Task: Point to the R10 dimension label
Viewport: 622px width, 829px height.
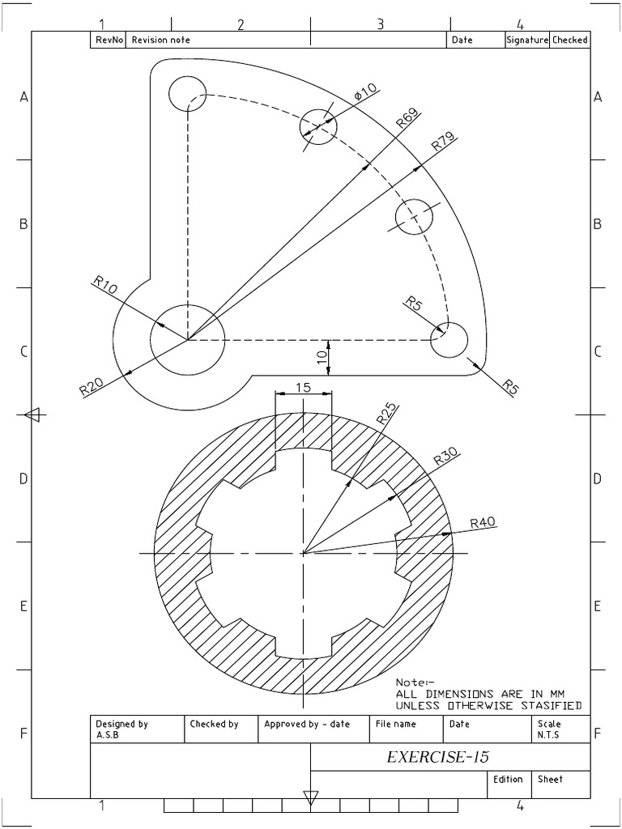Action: click(105, 284)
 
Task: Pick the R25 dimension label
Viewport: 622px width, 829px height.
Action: click(386, 415)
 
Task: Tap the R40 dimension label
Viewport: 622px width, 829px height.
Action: click(483, 523)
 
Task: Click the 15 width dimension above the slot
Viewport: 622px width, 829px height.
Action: click(303, 388)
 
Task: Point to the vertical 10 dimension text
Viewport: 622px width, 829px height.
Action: click(322, 355)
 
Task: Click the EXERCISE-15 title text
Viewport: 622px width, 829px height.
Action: click(437, 757)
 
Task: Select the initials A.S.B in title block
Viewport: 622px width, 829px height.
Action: click(107, 735)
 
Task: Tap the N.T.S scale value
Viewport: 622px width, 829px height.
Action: click(548, 735)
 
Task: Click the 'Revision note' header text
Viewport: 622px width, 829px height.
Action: click(161, 40)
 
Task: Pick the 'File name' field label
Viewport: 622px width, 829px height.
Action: click(395, 724)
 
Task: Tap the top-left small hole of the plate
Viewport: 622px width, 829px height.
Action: click(188, 93)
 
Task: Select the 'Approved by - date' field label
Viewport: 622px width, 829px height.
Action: click(307, 724)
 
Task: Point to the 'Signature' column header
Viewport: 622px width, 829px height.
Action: click(527, 40)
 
